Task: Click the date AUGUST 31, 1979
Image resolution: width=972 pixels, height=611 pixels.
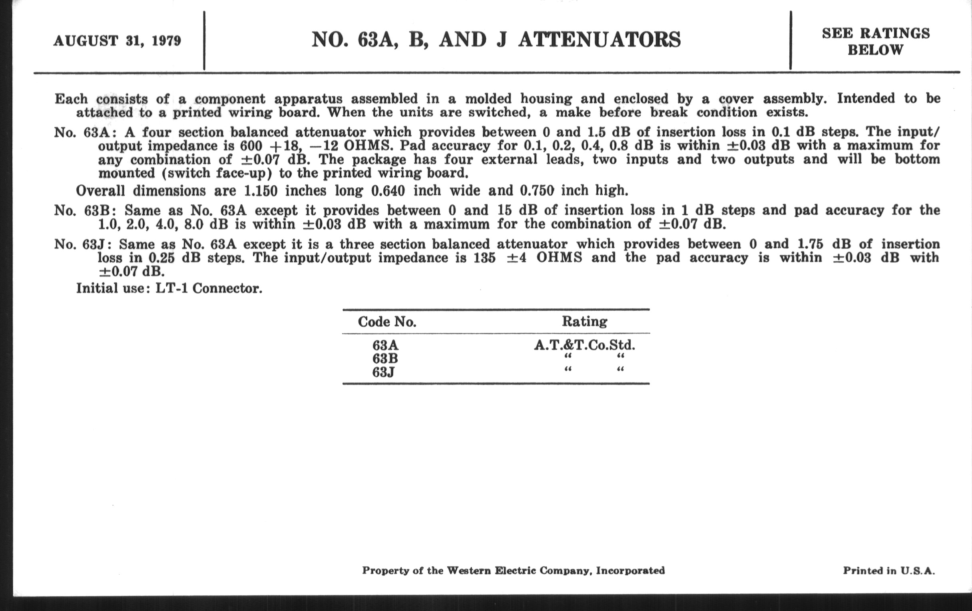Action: coord(117,41)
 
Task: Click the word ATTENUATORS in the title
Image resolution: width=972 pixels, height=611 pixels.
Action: coord(600,40)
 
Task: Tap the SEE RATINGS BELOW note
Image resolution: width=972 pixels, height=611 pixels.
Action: coord(876,42)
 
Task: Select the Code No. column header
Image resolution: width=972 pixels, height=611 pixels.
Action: coord(387,322)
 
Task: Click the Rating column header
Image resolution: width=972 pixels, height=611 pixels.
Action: coord(584,321)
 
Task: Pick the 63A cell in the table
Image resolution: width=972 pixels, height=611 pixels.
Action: coord(385,345)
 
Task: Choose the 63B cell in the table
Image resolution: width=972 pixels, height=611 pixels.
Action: coord(385,359)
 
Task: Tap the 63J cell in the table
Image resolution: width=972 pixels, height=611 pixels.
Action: coord(383,372)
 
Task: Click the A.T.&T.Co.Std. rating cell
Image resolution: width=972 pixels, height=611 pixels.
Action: coord(584,345)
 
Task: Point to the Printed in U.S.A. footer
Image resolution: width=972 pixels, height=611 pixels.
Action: coord(888,571)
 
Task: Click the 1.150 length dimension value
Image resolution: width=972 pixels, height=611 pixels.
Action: coord(261,191)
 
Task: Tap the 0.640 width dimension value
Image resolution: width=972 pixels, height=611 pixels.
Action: coord(388,191)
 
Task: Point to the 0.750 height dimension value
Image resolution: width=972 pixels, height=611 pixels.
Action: coord(536,191)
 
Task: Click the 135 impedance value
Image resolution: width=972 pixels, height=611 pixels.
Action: coord(484,258)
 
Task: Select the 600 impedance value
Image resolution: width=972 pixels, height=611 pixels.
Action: coord(254,146)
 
